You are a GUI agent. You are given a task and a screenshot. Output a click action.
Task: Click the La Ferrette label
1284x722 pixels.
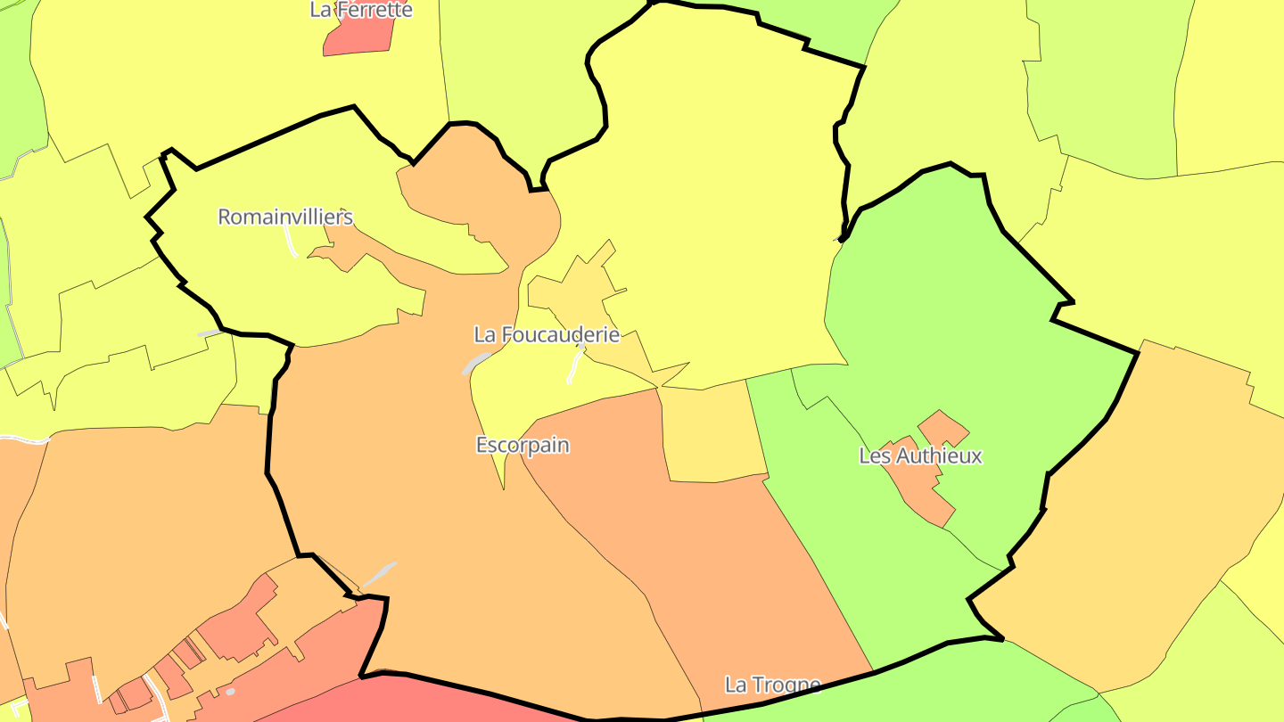click(x=361, y=10)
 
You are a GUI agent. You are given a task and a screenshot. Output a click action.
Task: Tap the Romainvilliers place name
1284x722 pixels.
click(x=285, y=217)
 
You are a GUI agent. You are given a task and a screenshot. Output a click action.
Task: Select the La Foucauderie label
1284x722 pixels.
click(x=547, y=335)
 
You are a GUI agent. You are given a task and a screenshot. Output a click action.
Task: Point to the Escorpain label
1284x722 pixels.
click(x=523, y=445)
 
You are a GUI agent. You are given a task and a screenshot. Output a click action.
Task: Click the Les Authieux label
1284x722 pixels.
click(x=920, y=455)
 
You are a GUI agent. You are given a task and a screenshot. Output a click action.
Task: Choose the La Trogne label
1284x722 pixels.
click(x=772, y=685)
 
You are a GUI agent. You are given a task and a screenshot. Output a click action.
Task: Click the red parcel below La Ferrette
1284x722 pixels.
click(x=358, y=36)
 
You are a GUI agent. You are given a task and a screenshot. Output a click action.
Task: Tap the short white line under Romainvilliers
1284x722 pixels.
click(x=291, y=241)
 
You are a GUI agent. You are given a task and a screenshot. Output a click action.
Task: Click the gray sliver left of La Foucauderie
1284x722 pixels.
click(x=475, y=363)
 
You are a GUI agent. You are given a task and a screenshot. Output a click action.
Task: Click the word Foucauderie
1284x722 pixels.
click(x=559, y=335)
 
